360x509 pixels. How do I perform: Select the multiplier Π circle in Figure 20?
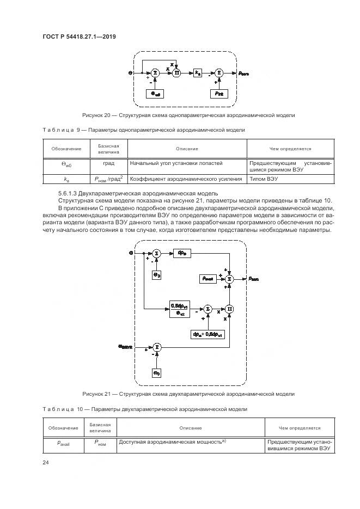pos(176,72)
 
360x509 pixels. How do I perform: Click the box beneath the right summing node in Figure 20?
pos(219,93)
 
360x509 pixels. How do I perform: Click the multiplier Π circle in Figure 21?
pos(230,309)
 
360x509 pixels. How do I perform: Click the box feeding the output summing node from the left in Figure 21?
pos(208,278)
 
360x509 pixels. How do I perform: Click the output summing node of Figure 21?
pos(230,278)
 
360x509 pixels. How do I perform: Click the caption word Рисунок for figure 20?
pos(94,115)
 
